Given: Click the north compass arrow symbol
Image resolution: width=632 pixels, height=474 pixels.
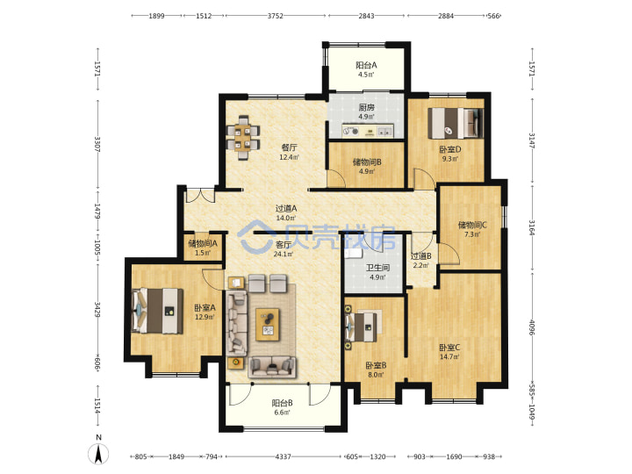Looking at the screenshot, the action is tap(98, 454).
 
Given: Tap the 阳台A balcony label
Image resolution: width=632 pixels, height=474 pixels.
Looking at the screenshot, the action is tap(366, 65).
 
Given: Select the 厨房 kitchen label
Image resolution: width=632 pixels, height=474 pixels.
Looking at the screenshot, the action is tap(366, 107).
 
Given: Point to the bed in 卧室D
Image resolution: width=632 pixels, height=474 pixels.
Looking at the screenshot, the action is tap(456, 123).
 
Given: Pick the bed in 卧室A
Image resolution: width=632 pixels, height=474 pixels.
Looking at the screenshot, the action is tap(157, 311).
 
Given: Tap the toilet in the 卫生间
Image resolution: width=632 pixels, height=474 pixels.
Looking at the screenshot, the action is tap(354, 253).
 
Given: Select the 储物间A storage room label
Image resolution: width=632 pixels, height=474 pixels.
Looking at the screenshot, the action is tap(203, 243).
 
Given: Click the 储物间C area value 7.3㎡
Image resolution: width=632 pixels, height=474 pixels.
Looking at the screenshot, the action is tap(472, 234).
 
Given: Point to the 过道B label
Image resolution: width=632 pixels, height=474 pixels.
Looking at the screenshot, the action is tap(420, 256).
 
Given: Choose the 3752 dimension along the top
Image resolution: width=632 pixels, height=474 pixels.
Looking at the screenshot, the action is tap(276, 16).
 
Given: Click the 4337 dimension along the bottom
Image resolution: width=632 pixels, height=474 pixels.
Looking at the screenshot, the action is tap(283, 456).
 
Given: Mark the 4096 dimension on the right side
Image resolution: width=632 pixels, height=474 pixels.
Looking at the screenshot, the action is tap(532, 328).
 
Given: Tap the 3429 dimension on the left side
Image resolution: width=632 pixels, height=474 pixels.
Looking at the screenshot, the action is tap(97, 309).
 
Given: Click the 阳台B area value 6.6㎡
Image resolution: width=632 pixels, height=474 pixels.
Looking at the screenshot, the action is tap(282, 413).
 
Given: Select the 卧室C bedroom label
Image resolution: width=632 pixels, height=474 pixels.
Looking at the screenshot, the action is tap(449, 347).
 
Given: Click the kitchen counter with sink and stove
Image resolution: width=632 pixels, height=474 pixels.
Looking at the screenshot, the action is tap(367, 131).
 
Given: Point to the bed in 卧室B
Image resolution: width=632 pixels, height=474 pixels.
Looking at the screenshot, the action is tap(362, 327).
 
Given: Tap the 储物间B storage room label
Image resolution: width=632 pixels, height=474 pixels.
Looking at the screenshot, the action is tap(367, 162).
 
